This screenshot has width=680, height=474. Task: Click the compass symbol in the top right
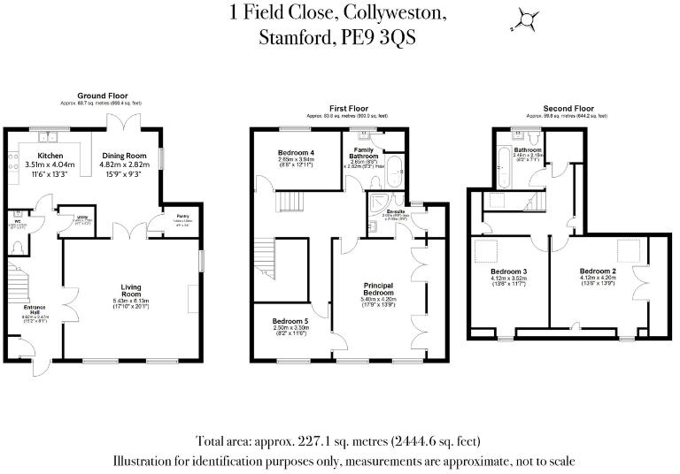pos(529,19)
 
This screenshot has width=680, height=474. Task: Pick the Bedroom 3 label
pos(509,271)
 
